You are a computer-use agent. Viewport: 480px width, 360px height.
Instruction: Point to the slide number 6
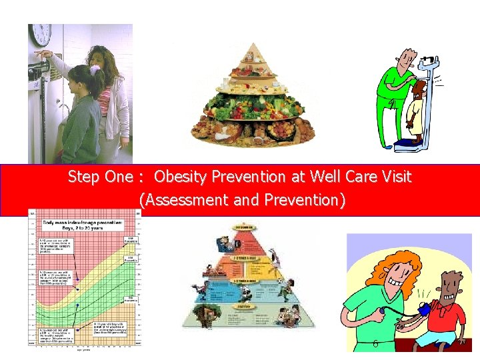point(376,344)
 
